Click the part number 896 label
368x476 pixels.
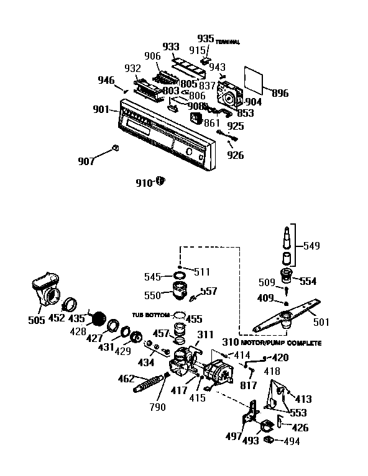[280, 94]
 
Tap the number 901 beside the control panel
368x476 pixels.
[101, 110]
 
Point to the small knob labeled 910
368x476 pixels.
[160, 180]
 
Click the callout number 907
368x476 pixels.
[86, 161]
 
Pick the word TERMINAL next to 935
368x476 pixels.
[228, 42]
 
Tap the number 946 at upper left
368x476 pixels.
[107, 79]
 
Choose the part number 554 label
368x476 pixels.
[308, 281]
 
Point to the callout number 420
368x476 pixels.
[280, 357]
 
